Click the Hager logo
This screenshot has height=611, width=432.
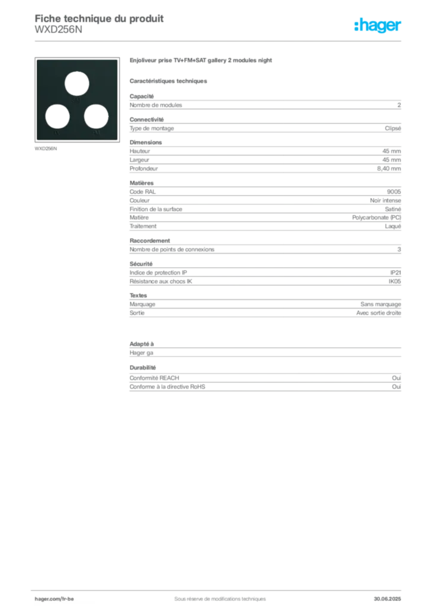click(x=377, y=25)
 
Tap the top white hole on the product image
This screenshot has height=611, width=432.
click(x=77, y=84)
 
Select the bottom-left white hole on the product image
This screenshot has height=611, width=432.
click(x=57, y=116)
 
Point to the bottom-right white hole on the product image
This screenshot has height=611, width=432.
click(x=96, y=116)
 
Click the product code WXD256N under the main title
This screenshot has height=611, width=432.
click(x=58, y=30)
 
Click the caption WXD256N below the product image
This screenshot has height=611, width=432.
click(x=45, y=149)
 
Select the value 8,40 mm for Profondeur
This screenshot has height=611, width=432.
click(x=389, y=168)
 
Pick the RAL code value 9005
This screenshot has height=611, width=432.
click(x=394, y=192)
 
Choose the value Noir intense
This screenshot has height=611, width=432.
click(x=385, y=200)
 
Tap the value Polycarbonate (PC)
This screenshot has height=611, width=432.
click(x=377, y=217)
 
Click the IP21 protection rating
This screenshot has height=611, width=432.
click(x=396, y=272)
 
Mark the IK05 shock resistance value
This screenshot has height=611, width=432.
click(x=394, y=281)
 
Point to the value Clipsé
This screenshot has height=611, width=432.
click(x=393, y=128)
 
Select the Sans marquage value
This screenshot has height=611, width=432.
click(x=381, y=304)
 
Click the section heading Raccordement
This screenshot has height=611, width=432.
click(x=150, y=240)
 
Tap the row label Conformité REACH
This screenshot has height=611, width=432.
click(x=155, y=378)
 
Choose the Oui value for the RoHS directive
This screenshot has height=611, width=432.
click(x=397, y=387)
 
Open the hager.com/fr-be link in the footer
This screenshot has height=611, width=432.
click(x=54, y=598)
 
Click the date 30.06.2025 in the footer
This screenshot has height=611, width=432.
click(x=387, y=598)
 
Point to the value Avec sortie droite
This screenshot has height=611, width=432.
click(x=378, y=313)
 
